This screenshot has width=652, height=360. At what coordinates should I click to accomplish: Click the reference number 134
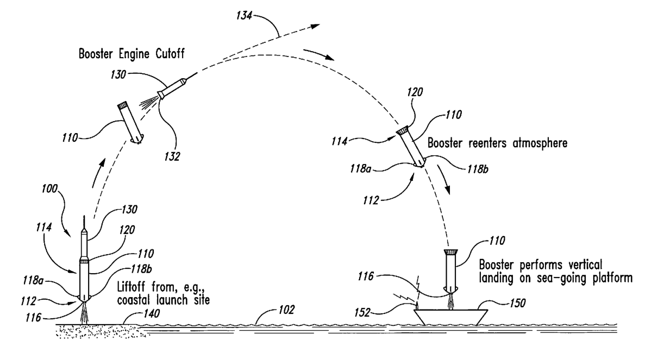coord(244,16)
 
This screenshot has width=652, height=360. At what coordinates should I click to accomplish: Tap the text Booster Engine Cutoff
coord(131,54)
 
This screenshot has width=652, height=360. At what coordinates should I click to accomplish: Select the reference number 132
coord(172,157)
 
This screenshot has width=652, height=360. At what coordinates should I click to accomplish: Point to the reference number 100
coord(49,189)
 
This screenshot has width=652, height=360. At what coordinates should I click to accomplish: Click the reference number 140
coord(152,313)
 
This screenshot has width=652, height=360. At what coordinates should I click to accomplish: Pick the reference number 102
coord(287,310)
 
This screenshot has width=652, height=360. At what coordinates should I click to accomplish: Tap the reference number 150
coord(517,304)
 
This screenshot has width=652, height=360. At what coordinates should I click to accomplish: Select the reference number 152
coord(362,313)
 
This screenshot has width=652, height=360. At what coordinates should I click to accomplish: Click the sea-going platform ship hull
coord(450,317)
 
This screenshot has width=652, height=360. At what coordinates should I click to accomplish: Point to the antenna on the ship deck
coord(417,305)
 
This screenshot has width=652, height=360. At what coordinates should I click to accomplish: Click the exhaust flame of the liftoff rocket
coord(84,313)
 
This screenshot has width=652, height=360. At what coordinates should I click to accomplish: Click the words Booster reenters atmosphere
coord(497,143)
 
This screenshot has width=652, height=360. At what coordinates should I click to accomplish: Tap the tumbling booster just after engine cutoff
coord(131,122)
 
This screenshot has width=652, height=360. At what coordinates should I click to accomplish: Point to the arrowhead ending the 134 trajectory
coord(315,26)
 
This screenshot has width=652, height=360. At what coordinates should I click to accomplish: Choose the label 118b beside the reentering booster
coord(478,169)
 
